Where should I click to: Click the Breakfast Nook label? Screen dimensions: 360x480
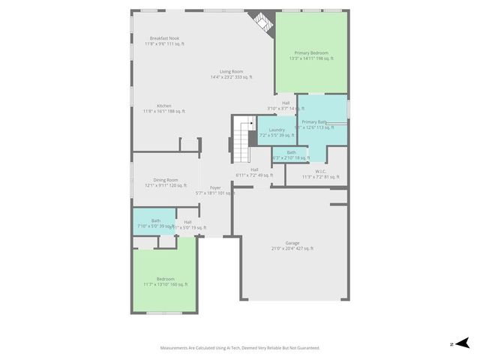click(164, 38)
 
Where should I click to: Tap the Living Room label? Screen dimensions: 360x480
click(231, 71)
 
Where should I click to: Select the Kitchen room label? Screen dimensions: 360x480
click(164, 106)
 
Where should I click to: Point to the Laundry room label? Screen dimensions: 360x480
click(277, 130)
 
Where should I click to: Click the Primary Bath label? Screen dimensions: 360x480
click(314, 121)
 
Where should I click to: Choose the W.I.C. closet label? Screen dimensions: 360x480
click(320, 171)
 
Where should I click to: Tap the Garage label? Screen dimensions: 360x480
click(292, 243)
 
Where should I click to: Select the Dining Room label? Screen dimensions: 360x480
click(166, 180)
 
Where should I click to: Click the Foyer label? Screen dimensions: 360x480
click(215, 187)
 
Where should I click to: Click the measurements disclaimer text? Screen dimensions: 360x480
click(240, 347)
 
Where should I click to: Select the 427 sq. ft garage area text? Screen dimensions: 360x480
click(302, 248)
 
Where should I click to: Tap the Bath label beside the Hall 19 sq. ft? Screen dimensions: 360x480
click(155, 220)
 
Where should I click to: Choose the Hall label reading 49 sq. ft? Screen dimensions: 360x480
click(254, 169)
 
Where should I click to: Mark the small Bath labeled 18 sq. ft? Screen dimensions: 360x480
click(291, 152)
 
